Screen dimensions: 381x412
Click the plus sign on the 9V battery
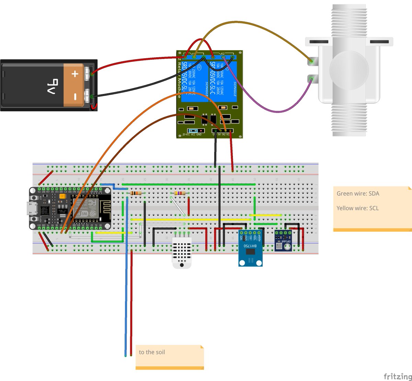click(x=75, y=74)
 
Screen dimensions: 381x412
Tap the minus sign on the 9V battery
click(x=75, y=97)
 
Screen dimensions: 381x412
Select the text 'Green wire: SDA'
click(x=358, y=194)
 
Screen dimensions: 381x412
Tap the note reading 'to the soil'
click(x=152, y=352)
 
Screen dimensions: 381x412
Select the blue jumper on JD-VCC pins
click(x=193, y=131)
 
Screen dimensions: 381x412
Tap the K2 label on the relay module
click(x=223, y=53)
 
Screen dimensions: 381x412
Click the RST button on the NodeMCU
click(x=34, y=199)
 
